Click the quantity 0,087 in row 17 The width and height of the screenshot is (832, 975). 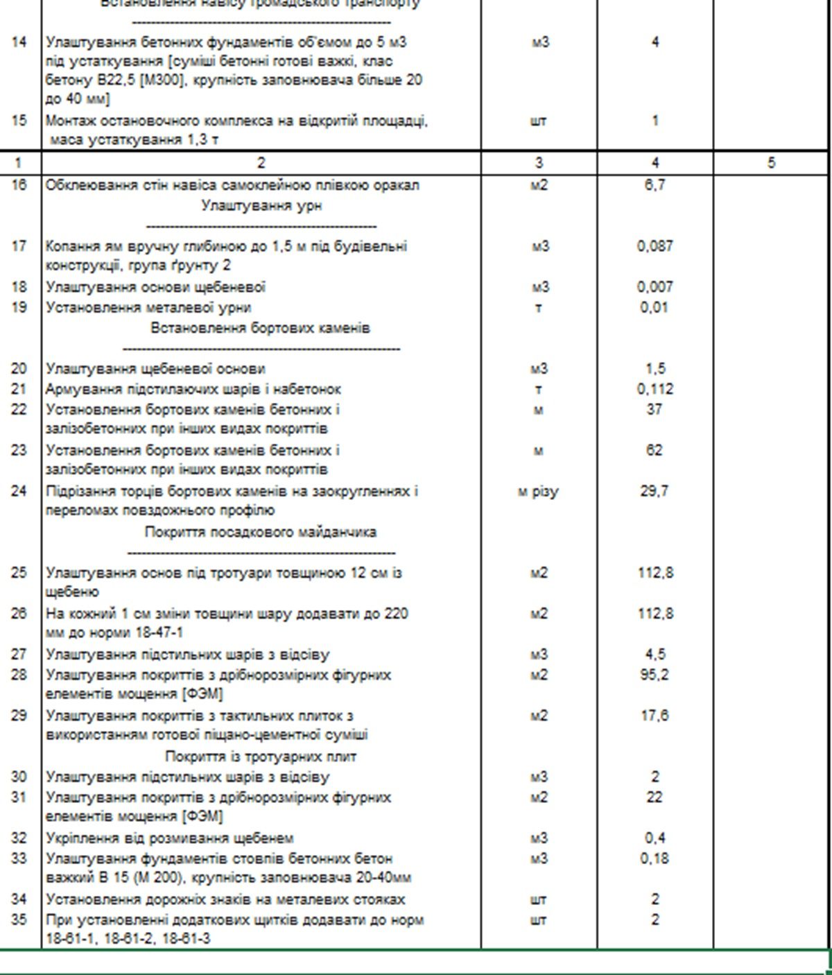point(655,246)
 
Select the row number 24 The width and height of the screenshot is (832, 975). point(19,491)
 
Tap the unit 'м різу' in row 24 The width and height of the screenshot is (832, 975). point(539,492)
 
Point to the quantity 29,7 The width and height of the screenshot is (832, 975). point(655,491)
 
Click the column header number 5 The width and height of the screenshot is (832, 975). point(771,164)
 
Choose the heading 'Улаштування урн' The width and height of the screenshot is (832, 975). point(261,206)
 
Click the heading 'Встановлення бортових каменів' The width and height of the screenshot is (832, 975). point(261,328)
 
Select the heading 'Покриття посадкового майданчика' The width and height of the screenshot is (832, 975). point(261,532)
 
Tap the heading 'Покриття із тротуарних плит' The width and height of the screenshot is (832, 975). point(261,756)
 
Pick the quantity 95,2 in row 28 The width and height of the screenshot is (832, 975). point(655,675)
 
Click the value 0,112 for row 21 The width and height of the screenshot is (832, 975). point(655,389)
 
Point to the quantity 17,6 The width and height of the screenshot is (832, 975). point(655,716)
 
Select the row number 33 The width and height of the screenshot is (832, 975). point(19,858)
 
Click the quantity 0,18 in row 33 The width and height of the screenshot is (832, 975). point(655,858)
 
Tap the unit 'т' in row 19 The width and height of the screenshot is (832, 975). point(539,307)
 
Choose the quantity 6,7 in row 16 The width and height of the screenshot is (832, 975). point(655,185)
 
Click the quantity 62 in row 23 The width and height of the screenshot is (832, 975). point(655,450)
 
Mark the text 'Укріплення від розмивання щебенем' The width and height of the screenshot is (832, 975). point(170,838)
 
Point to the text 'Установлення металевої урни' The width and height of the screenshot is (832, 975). point(148,307)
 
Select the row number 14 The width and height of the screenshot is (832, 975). point(19,42)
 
